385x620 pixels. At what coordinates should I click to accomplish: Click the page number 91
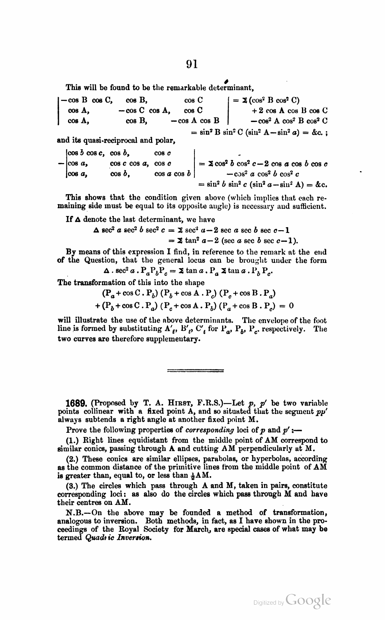192,64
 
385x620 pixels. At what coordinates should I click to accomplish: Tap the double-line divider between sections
196,370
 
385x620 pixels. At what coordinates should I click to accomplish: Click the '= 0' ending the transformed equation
286,306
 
